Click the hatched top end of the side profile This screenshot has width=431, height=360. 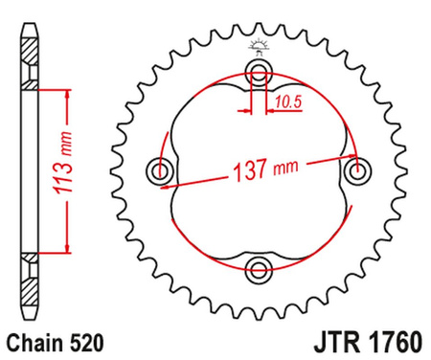coord(30,47)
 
